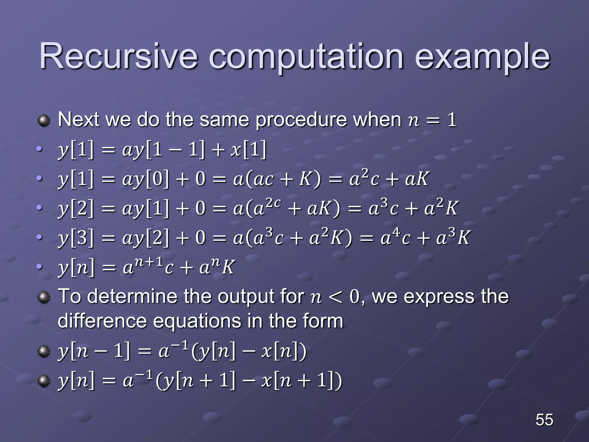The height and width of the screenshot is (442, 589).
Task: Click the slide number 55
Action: click(544, 420)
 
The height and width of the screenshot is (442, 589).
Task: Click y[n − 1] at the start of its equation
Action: click(94, 352)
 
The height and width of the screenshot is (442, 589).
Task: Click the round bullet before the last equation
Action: click(44, 381)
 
